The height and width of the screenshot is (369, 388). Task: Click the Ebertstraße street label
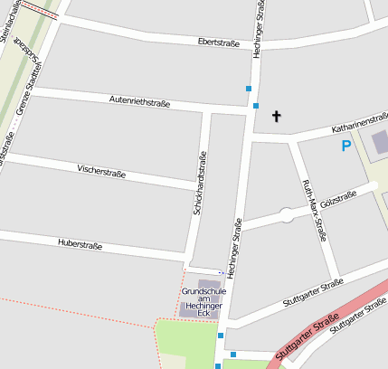(x=222, y=43)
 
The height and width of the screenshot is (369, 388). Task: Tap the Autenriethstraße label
(x=139, y=100)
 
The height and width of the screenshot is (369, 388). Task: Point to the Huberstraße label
(x=80, y=244)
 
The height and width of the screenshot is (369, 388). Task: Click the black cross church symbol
(x=277, y=116)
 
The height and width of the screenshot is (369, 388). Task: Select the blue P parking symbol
(x=345, y=146)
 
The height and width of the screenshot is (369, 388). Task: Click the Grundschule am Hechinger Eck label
(x=203, y=299)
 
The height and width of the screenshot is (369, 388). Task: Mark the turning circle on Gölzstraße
(x=287, y=215)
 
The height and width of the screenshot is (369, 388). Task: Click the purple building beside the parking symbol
(x=379, y=141)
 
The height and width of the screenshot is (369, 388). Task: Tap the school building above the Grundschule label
(x=203, y=285)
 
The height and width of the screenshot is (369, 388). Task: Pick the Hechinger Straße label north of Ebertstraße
(x=260, y=27)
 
